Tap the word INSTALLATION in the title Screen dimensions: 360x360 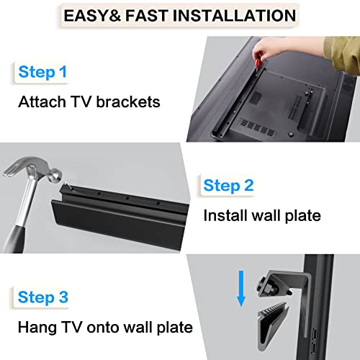click(x=234, y=15)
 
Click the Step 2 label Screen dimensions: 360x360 click(x=228, y=186)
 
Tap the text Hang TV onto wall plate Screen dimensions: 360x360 click(x=105, y=327)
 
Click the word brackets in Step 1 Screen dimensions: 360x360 click(x=127, y=102)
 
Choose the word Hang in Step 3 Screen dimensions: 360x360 click(x=35, y=327)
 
